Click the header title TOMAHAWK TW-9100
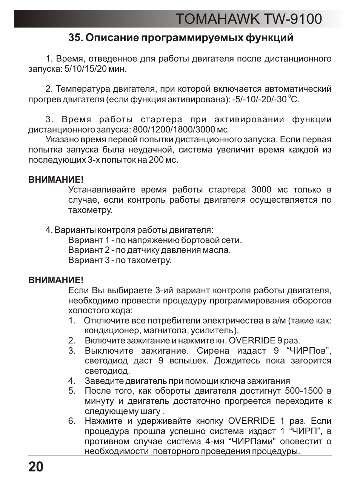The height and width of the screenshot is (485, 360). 249,19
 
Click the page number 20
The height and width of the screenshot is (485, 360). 36,467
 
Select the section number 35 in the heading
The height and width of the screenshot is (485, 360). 74,38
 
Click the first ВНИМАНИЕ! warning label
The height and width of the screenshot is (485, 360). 56,180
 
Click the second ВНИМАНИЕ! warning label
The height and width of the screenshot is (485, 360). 56,280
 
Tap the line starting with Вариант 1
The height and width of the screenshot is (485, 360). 155,240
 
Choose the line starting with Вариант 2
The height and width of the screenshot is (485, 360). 149,250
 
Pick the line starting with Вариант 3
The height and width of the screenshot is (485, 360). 120,260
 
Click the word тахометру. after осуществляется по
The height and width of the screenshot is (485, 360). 90,210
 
